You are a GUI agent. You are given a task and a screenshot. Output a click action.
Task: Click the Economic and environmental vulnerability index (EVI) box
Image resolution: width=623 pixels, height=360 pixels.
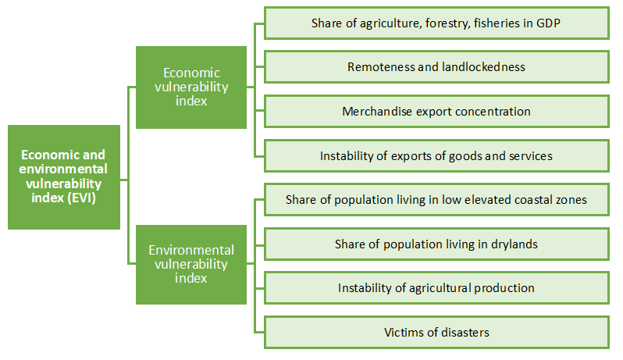pos(64,177)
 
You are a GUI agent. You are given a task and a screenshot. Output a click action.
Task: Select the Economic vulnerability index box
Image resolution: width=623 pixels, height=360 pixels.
pos(191,87)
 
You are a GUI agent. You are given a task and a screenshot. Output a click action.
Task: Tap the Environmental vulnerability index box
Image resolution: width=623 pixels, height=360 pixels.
pos(191,265)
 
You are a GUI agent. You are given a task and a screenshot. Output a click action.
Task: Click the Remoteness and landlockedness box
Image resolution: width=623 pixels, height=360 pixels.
pos(436,66)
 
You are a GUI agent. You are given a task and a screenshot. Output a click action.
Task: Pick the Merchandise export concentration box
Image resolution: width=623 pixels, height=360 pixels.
pos(436,111)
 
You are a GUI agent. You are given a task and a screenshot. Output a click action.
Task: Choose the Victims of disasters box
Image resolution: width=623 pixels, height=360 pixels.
pos(436,332)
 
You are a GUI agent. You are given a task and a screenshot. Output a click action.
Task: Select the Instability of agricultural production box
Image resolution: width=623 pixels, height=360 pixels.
pos(436,287)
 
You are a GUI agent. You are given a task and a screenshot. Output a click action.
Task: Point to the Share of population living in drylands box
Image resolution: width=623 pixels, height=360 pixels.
pos(436,244)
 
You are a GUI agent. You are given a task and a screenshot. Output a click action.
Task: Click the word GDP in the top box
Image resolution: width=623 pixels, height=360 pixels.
pos(548,23)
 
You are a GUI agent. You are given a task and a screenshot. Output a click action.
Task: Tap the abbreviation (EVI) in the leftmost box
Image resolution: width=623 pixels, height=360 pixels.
pos(82,198)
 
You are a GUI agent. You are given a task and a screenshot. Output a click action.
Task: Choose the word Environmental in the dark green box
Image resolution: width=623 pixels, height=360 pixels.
pos(191,250)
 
